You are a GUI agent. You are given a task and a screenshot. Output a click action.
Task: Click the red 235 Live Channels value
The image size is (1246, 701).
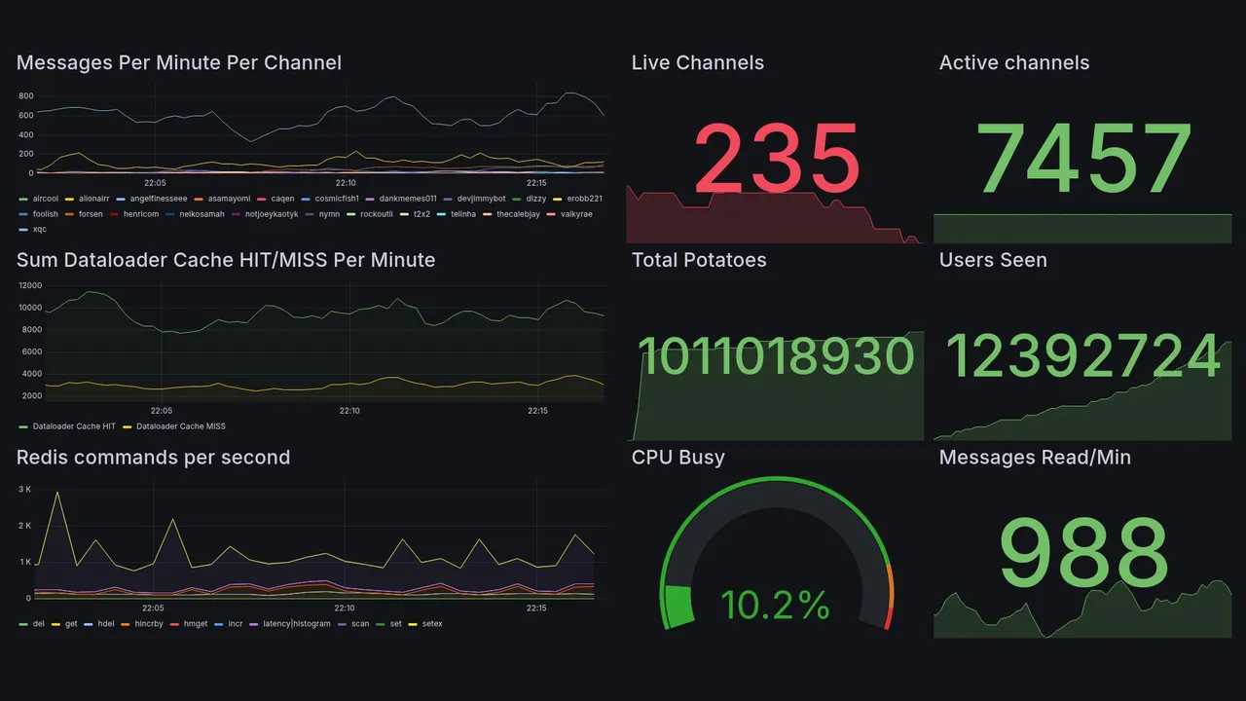[777, 158]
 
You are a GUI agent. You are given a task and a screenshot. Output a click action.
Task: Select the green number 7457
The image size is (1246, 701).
[1083, 158]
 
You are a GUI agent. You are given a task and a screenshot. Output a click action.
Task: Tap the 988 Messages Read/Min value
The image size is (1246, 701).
[1083, 553]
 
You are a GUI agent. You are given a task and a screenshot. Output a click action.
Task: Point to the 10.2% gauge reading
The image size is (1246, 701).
[775, 606]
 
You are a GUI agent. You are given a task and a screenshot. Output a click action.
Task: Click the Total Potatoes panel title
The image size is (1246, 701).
[699, 260]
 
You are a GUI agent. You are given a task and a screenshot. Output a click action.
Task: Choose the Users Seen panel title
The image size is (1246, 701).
[993, 260]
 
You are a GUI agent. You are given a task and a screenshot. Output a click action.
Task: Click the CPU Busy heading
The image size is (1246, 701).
[678, 458]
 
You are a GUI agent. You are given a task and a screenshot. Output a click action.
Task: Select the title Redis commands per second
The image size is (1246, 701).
[153, 458]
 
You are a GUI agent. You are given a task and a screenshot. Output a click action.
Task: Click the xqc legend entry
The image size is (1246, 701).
[39, 230]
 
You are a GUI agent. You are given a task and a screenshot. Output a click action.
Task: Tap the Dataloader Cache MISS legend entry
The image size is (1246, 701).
[180, 426]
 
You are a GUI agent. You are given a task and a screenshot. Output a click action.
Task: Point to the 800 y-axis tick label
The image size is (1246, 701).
[25, 96]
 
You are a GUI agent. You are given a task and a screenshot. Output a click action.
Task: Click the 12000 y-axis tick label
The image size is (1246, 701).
[29, 285]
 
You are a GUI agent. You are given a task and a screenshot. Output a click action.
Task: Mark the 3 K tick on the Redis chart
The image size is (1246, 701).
[24, 488]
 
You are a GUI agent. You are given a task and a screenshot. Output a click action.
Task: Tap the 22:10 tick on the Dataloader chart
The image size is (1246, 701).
[349, 411]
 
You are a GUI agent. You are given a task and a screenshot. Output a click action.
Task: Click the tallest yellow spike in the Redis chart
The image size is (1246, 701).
[57, 493]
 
